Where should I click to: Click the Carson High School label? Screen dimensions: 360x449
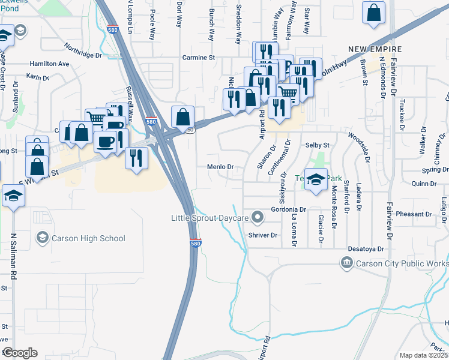tap(88, 238)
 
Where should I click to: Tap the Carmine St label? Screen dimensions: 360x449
tap(199, 58)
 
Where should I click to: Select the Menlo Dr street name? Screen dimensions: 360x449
tap(219, 167)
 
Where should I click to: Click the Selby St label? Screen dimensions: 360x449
tap(318, 145)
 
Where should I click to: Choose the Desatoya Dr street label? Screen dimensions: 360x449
tap(365, 248)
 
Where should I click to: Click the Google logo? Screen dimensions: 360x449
tap(19, 353)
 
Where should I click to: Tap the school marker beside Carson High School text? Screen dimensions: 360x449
tap(42, 238)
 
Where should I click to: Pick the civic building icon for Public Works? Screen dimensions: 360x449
tap(346, 263)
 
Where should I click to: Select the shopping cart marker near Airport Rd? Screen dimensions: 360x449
tap(288, 92)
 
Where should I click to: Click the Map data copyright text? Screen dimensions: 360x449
tap(423, 355)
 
